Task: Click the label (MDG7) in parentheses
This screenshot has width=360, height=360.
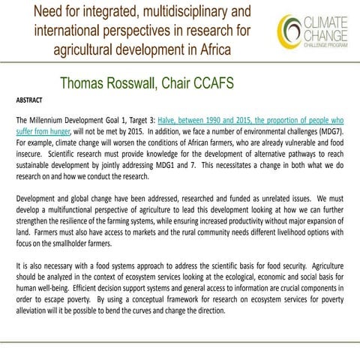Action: (x=328, y=130)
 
